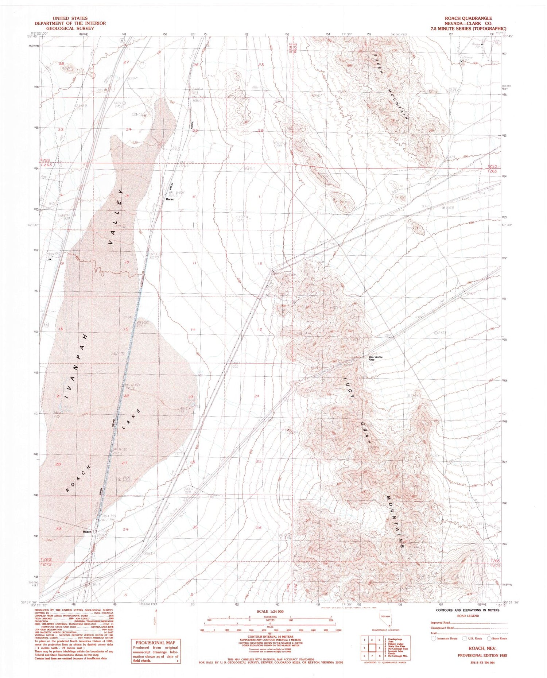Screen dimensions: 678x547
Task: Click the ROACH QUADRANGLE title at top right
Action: tap(468, 18)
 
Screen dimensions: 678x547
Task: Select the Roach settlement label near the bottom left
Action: tap(87, 532)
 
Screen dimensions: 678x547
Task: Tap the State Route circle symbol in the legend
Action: tap(489, 639)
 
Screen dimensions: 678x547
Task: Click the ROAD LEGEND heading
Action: tap(468, 616)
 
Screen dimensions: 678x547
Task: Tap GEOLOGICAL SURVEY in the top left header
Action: tap(70, 28)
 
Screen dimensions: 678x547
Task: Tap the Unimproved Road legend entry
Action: tap(442, 628)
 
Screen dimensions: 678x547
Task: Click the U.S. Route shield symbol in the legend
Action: tap(465, 639)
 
